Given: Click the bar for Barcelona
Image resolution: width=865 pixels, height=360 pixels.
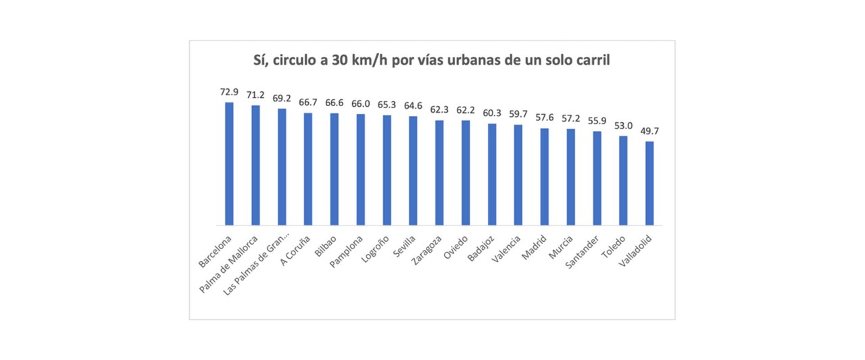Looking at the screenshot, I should [229, 163].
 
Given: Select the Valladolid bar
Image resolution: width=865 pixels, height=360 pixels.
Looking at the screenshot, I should [649, 183].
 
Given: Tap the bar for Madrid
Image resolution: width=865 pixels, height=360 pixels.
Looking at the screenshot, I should [545, 176].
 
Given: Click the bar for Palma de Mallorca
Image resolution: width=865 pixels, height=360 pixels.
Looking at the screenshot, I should [255, 165].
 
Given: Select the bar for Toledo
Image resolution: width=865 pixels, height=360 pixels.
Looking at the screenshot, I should [623, 180].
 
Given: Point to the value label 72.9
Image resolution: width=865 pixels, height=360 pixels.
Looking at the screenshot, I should [229, 92].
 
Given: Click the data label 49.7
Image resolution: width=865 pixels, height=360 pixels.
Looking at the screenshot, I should [649, 131].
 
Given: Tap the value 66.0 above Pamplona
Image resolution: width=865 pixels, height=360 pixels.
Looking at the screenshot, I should [360, 103].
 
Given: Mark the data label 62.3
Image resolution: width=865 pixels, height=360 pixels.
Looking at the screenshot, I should [439, 109].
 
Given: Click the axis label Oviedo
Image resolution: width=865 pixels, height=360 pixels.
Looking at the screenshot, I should [458, 247].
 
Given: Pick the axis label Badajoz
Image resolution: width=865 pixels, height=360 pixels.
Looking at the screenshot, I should [483, 249].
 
